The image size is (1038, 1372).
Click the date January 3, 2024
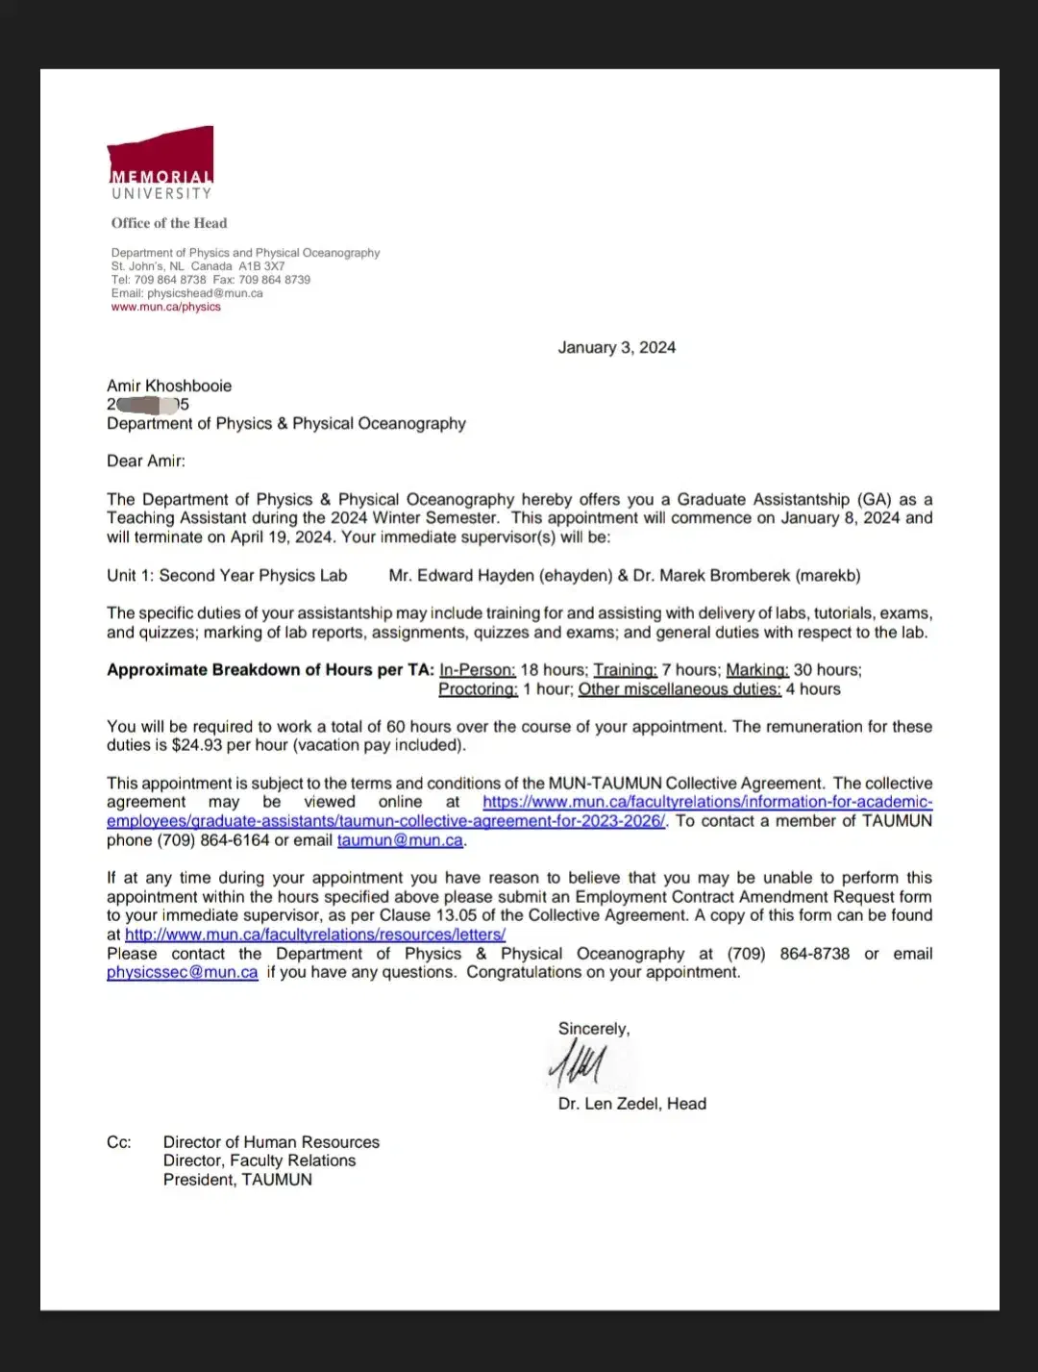[x=616, y=348]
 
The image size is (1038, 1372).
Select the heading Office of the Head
[x=169, y=223]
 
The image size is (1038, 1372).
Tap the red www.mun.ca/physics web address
[x=165, y=307]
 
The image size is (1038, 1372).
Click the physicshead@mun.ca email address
[x=205, y=293]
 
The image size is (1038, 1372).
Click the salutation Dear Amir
[x=145, y=461]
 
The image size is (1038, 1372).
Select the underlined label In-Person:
[x=477, y=670]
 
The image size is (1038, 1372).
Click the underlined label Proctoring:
[x=478, y=689]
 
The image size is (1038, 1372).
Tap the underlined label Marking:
[x=756, y=670]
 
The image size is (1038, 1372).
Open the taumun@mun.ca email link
[x=400, y=840]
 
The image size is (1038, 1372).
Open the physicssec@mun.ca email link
[x=182, y=972]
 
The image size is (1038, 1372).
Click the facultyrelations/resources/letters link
[x=315, y=935]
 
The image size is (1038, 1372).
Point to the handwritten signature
[x=577, y=1064]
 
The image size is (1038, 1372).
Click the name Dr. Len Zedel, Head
[x=631, y=1104]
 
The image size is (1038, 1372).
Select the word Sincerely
[x=593, y=1029]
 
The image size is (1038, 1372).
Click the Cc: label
[x=118, y=1142]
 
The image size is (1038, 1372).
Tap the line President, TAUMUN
[x=237, y=1180]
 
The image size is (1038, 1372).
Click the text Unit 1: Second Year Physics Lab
[x=227, y=576]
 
